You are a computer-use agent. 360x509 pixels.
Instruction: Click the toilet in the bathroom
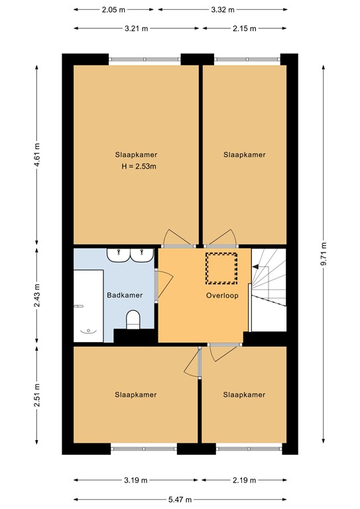[x=133, y=319]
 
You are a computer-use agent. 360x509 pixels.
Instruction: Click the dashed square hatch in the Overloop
[x=221, y=266]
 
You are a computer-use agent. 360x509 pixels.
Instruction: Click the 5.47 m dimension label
[x=180, y=499]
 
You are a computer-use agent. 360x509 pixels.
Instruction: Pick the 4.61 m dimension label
[x=37, y=155]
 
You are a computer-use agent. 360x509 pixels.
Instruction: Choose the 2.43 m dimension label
[x=37, y=294]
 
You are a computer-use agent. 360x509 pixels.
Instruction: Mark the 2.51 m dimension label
[x=37, y=396]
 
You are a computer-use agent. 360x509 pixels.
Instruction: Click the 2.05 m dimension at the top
[x=113, y=11]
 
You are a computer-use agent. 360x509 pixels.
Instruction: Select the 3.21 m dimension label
[x=136, y=28]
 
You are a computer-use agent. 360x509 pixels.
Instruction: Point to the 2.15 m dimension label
[x=244, y=28]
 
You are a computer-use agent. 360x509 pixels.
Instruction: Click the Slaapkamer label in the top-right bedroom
[x=244, y=154]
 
